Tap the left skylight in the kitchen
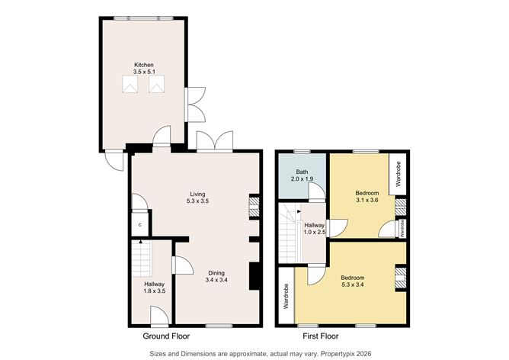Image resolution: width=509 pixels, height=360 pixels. [130, 85]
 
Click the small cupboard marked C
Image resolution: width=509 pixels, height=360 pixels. [140, 226]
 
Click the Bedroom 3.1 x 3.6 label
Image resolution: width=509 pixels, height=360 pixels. [367, 198]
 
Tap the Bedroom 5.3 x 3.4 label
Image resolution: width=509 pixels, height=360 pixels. [351, 281]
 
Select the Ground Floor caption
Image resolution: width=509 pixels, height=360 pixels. [166, 336]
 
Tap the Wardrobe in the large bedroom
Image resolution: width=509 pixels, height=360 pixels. [286, 296]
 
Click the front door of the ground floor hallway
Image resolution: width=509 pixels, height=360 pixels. [159, 316]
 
